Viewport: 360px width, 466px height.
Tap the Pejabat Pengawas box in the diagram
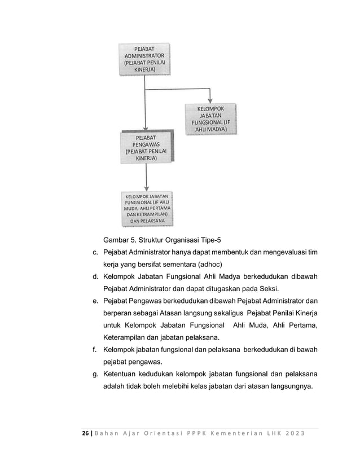[146, 147]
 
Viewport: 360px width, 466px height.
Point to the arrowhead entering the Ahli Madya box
[210, 100]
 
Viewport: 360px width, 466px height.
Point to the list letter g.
[96, 376]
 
